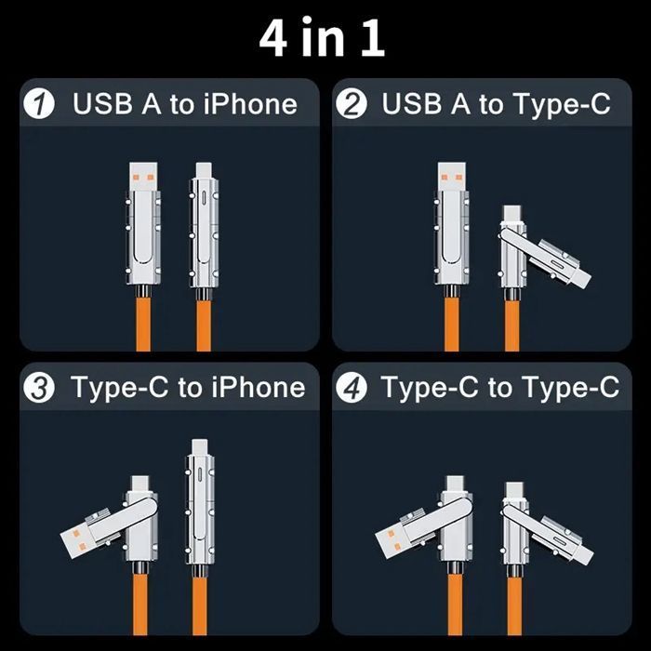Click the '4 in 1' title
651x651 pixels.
point(322,37)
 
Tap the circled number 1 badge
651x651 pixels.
point(39,104)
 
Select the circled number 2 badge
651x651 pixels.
point(352,104)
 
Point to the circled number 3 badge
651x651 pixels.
point(39,388)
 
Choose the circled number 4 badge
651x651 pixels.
point(352,388)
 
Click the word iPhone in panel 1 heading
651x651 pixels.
point(250,104)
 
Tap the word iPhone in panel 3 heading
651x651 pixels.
point(259,388)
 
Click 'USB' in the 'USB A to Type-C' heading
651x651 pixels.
point(412,104)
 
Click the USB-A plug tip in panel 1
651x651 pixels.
point(143,177)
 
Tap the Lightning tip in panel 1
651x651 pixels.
point(204,170)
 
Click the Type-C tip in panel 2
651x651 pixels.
point(514,214)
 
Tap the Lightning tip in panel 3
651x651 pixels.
point(199,446)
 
